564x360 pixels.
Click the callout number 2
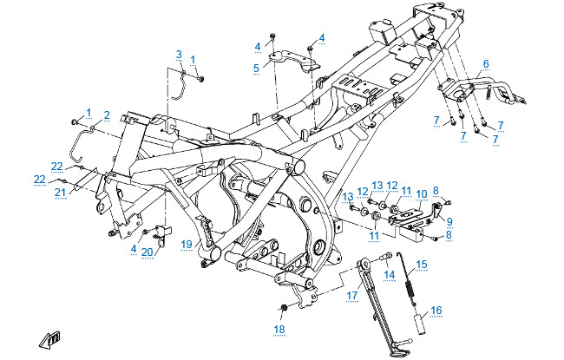point(107,115)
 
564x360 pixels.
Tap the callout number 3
point(179,54)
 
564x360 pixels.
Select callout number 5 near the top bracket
point(256,67)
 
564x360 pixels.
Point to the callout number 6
point(486,63)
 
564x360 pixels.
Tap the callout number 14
point(390,275)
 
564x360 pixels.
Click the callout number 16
point(436,309)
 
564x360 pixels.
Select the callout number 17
point(352,295)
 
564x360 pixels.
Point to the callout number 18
point(279,330)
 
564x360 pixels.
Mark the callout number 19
point(186,245)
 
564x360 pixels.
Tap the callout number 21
point(60,192)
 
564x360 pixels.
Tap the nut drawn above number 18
point(284,309)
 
